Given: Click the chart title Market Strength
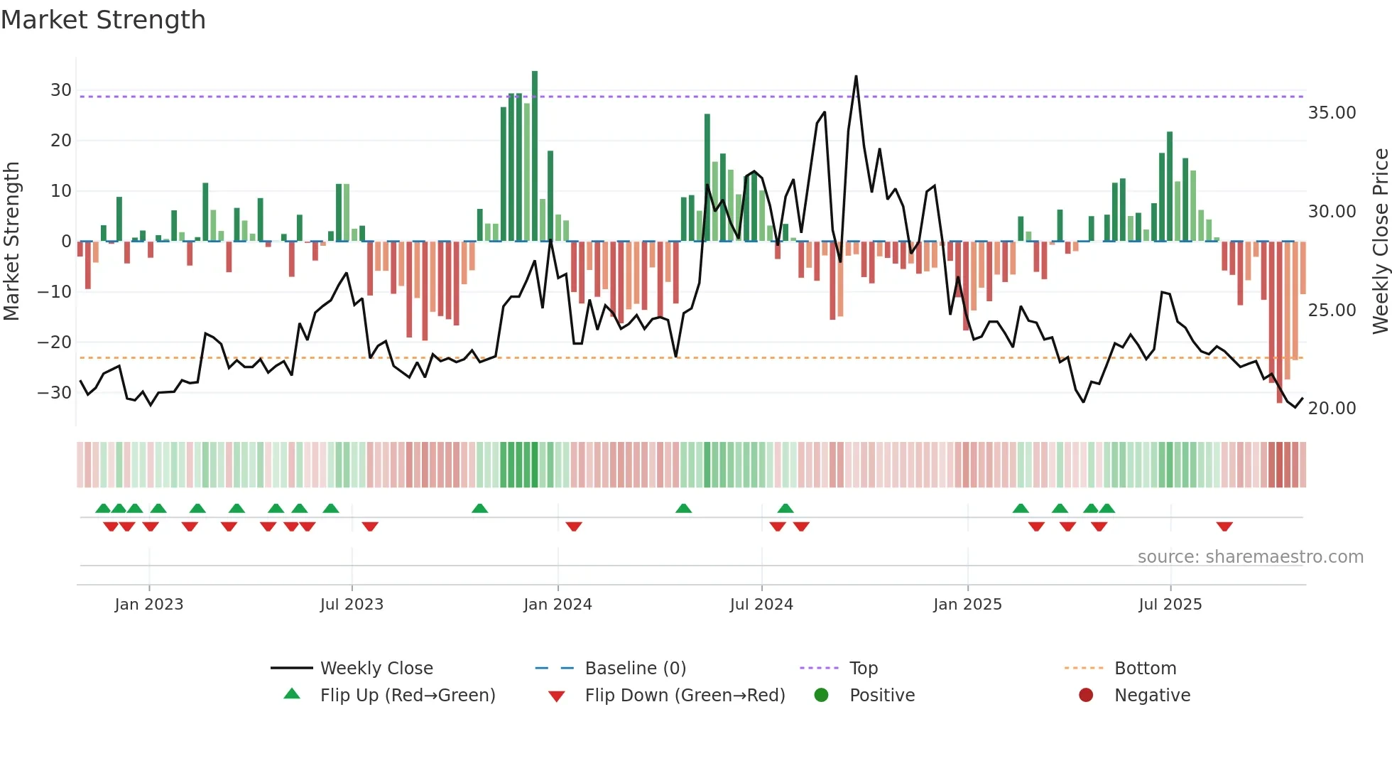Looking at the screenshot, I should point(103,20).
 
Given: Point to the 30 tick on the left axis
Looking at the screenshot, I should point(61,90).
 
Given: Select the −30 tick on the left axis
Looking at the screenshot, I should point(55,393).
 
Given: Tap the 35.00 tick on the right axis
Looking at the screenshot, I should point(1332,113).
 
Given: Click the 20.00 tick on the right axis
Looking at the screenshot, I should point(1332,409).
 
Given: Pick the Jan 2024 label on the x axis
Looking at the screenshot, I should point(558,605).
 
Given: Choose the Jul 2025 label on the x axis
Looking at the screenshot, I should point(1170,605).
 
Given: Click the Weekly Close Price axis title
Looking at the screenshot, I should point(1380,242).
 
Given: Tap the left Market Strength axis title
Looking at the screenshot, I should point(11,242).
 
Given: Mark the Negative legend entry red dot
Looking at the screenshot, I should point(1086,696).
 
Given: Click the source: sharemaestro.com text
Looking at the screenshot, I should point(1250,557).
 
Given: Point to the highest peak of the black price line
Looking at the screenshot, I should point(856,77).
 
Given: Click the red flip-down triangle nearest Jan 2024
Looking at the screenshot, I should point(574,526).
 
